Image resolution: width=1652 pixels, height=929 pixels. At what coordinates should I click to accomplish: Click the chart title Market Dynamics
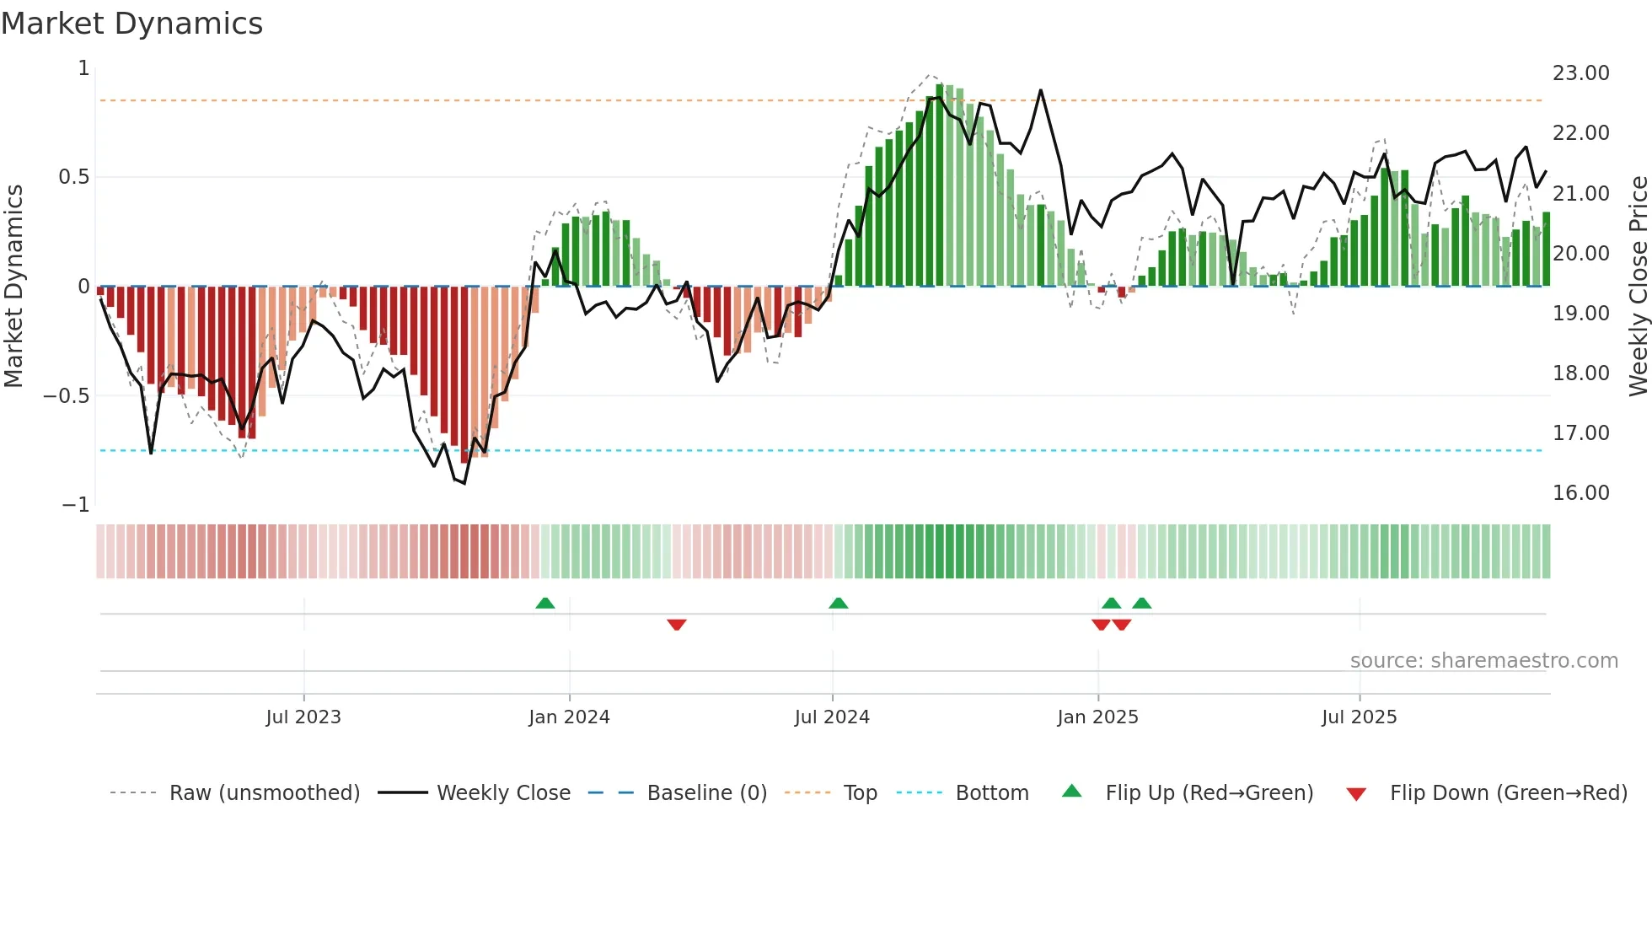click(x=131, y=24)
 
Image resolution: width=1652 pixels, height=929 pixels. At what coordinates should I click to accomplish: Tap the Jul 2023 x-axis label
click(x=303, y=717)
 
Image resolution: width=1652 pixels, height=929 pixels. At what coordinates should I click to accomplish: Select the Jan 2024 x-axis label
click(x=569, y=717)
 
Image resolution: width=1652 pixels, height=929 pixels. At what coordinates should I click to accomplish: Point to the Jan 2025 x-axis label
click(x=1097, y=717)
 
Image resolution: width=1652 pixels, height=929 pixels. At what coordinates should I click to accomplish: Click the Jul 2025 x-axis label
click(x=1359, y=717)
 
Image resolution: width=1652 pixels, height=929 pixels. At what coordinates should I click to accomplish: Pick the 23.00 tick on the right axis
click(x=1580, y=73)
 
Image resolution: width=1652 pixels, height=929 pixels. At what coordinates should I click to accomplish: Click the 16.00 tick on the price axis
click(x=1580, y=493)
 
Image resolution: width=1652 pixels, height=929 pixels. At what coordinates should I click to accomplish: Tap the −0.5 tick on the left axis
click(x=66, y=396)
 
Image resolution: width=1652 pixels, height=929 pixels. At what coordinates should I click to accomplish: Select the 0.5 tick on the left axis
click(x=73, y=177)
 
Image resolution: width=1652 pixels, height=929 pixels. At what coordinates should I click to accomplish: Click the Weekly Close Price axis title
click(x=1638, y=287)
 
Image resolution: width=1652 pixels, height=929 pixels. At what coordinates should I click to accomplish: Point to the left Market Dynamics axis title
click(x=13, y=287)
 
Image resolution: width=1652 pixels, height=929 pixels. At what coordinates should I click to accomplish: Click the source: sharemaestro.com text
click(x=1483, y=661)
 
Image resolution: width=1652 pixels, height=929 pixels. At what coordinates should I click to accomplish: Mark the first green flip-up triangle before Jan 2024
click(x=545, y=603)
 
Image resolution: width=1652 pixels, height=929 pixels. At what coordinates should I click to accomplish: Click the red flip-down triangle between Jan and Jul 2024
click(x=677, y=625)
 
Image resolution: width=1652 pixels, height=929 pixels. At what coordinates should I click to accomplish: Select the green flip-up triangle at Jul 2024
click(x=838, y=603)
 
